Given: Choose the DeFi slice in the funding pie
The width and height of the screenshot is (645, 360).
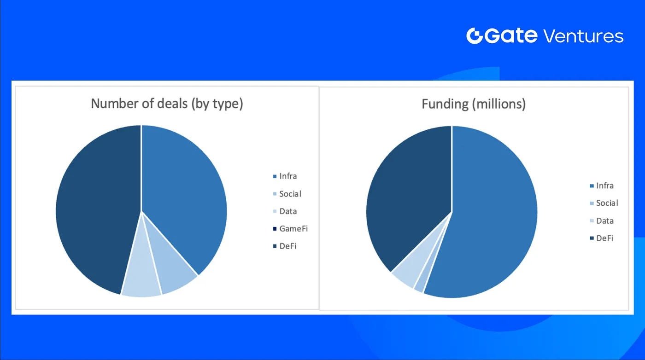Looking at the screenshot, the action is click(409, 202).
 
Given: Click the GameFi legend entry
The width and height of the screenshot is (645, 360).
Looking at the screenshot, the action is click(291, 229).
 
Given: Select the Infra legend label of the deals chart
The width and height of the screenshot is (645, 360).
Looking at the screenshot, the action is click(288, 176).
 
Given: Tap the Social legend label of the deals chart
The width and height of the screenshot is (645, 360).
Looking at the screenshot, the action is click(290, 194).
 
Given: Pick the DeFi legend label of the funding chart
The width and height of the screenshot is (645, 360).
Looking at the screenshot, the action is click(604, 238).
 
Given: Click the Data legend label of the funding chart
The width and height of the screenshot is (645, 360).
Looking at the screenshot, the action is click(604, 221).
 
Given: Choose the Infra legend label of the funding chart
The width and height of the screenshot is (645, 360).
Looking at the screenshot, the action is click(604, 186).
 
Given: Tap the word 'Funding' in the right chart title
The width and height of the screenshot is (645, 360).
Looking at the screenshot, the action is click(445, 104).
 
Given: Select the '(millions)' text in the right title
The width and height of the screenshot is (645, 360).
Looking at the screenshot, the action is click(499, 104).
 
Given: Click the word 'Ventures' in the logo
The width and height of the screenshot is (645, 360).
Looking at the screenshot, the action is click(583, 36).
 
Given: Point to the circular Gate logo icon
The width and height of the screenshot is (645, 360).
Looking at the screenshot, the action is click(474, 36).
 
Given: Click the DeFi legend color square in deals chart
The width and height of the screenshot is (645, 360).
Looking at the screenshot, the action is click(275, 246).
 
